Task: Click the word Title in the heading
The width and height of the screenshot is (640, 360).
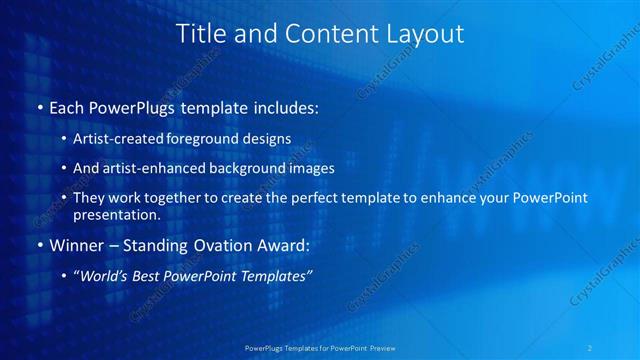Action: (199, 34)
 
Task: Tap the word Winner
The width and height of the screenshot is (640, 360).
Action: (73, 244)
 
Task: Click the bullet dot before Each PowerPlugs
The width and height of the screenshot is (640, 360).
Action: (39, 107)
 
